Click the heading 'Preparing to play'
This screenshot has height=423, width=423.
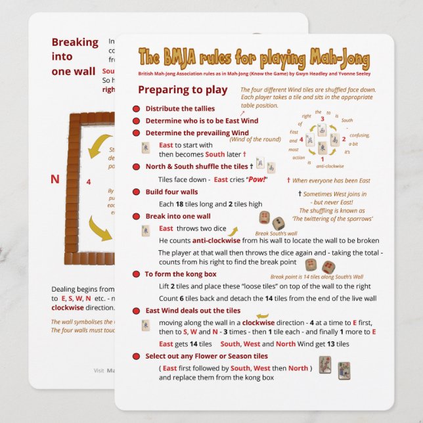coord(183,90)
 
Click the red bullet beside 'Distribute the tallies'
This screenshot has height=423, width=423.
coord(136,108)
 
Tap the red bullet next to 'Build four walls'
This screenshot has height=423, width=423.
coord(136,192)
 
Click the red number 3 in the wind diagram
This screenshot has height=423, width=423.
coord(322,119)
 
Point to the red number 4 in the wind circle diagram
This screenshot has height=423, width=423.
coord(301,139)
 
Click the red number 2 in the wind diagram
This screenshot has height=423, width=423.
coord(344,139)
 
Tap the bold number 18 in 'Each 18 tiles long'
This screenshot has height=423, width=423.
coord(179,204)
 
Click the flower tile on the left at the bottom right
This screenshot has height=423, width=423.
coord(324,365)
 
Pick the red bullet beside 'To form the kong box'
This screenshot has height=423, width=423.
coord(136,274)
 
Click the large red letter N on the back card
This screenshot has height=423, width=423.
coord(55,179)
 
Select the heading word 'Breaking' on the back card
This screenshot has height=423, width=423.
coord(74,43)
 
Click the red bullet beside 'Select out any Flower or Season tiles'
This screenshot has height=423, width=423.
coord(136,356)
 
